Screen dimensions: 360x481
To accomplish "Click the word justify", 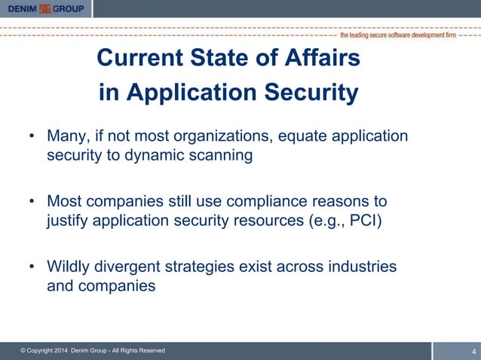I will click(69, 221).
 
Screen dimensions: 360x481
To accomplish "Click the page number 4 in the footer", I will click(473, 351).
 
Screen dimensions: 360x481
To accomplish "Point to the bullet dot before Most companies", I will click(32, 202).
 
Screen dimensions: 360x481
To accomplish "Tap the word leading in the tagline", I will click(368, 35).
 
